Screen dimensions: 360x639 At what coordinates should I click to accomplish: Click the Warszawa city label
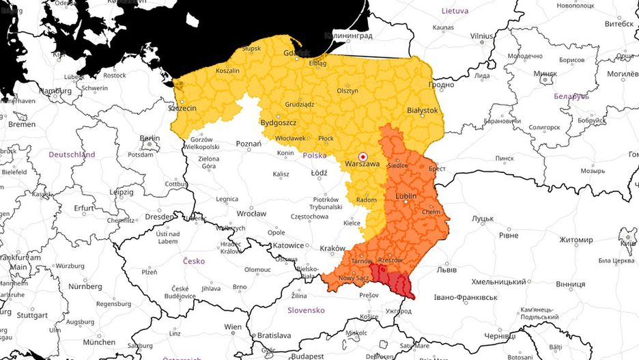pyautogui.click(x=363, y=164)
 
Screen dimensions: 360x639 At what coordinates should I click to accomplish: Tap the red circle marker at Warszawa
pyautogui.click(x=363, y=156)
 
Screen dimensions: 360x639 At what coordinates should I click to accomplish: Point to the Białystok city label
pyautogui.click(x=422, y=109)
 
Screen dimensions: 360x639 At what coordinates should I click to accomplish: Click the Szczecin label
pyautogui.click(x=182, y=108)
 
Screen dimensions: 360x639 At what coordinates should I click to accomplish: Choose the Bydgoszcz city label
pyautogui.click(x=278, y=122)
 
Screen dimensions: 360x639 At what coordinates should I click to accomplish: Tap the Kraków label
pyautogui.click(x=333, y=248)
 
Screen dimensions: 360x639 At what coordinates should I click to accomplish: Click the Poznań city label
pyautogui.click(x=248, y=144)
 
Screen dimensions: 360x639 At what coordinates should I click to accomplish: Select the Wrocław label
pyautogui.click(x=251, y=213)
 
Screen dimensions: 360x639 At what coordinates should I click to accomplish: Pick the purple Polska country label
pyautogui.click(x=314, y=155)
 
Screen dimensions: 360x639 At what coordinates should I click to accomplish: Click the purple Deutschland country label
pyautogui.click(x=72, y=154)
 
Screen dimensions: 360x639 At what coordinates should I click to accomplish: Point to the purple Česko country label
pyautogui.click(x=194, y=261)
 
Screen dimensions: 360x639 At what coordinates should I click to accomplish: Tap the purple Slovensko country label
pyautogui.click(x=305, y=309)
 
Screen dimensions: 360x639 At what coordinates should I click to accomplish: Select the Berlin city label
pyautogui.click(x=150, y=138)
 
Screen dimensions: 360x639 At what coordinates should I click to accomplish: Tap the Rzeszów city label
pyautogui.click(x=390, y=260)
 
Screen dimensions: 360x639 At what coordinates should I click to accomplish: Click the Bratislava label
pyautogui.click(x=274, y=335)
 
